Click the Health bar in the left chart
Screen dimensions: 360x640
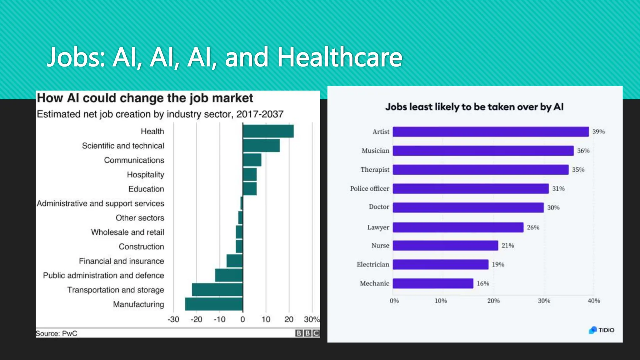[x=268, y=131]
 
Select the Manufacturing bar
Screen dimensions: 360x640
[x=214, y=304]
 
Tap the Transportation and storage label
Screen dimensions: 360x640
[x=116, y=290]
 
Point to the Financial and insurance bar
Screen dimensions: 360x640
[x=235, y=261]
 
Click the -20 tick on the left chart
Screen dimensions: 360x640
[x=197, y=319]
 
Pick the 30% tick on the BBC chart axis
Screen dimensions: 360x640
[x=311, y=319]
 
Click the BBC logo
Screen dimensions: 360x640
[x=307, y=333]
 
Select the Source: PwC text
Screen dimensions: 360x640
[x=56, y=333]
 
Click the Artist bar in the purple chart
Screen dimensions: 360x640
[x=491, y=132]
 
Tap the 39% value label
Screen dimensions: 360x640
[x=598, y=132]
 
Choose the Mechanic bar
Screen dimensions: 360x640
[x=433, y=283]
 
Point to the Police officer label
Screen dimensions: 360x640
[x=369, y=188]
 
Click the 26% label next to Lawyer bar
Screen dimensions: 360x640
[x=533, y=227]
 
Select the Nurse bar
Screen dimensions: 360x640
[x=445, y=245]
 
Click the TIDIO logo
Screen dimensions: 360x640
[x=602, y=330]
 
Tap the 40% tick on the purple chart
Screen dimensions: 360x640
[x=594, y=301]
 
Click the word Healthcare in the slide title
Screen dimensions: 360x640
[x=340, y=57]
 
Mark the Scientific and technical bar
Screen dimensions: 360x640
[x=261, y=146]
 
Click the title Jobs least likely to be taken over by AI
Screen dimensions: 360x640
[x=474, y=107]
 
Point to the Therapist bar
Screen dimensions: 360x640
[x=481, y=170]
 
